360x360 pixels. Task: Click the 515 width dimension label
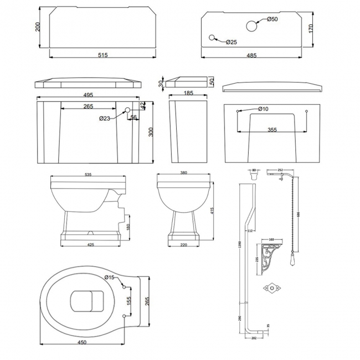pyautogui.click(x=102, y=54)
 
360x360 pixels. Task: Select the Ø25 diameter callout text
pyautogui.click(x=232, y=43)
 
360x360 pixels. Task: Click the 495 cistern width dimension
pyautogui.click(x=88, y=95)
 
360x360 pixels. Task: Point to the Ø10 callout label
pyautogui.click(x=263, y=109)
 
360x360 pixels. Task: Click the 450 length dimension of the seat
pyautogui.click(x=83, y=343)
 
